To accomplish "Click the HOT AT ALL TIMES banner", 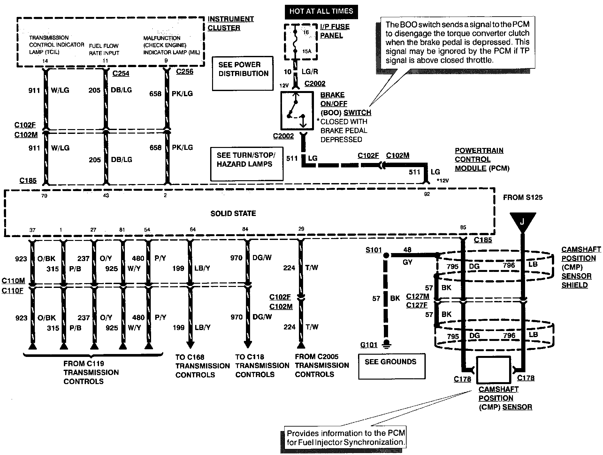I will point(321,12).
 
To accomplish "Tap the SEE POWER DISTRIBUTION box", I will point(243,73).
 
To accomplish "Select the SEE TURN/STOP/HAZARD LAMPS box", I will point(247,164).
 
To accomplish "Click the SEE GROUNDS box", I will point(391,366).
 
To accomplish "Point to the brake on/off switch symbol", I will point(296,111).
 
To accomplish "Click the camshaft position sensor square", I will point(493,370).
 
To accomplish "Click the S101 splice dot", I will point(386,255).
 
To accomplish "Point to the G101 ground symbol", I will point(386,344).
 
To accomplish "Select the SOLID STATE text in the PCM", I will point(233,213).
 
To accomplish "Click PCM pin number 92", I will point(427,194).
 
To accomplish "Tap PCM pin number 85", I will point(463,227).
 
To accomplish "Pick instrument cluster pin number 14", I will point(45,60).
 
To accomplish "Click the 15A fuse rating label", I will point(306,51).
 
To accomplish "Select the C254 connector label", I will point(121,73).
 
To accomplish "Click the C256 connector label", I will point(185,71).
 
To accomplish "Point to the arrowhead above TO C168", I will point(190,345).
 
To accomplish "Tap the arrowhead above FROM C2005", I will point(301,345).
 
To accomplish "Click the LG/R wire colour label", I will point(310,72).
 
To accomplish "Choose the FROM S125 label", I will point(523,197).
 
